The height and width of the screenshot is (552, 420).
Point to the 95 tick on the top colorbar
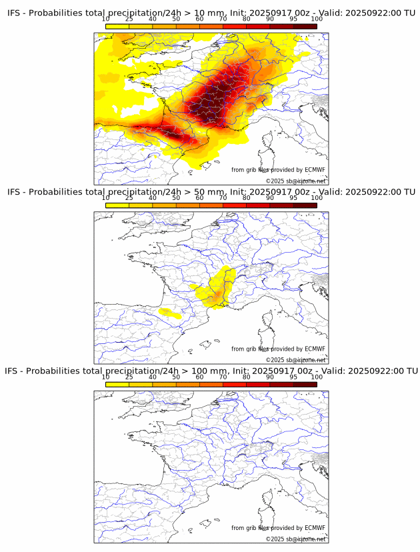click(x=293, y=19)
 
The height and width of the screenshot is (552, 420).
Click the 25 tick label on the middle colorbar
click(x=129, y=198)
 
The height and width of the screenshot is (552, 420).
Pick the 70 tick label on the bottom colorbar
click(x=223, y=377)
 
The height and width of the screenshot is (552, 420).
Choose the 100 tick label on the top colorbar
click(x=317, y=19)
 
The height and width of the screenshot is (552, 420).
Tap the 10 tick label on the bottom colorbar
click(x=105, y=377)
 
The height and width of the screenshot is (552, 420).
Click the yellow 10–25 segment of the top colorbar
click(x=117, y=26)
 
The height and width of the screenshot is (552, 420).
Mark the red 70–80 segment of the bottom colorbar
click(x=234, y=384)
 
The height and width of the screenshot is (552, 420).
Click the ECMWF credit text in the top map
click(x=278, y=170)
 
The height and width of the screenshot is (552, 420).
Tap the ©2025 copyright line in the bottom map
click(x=295, y=539)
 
